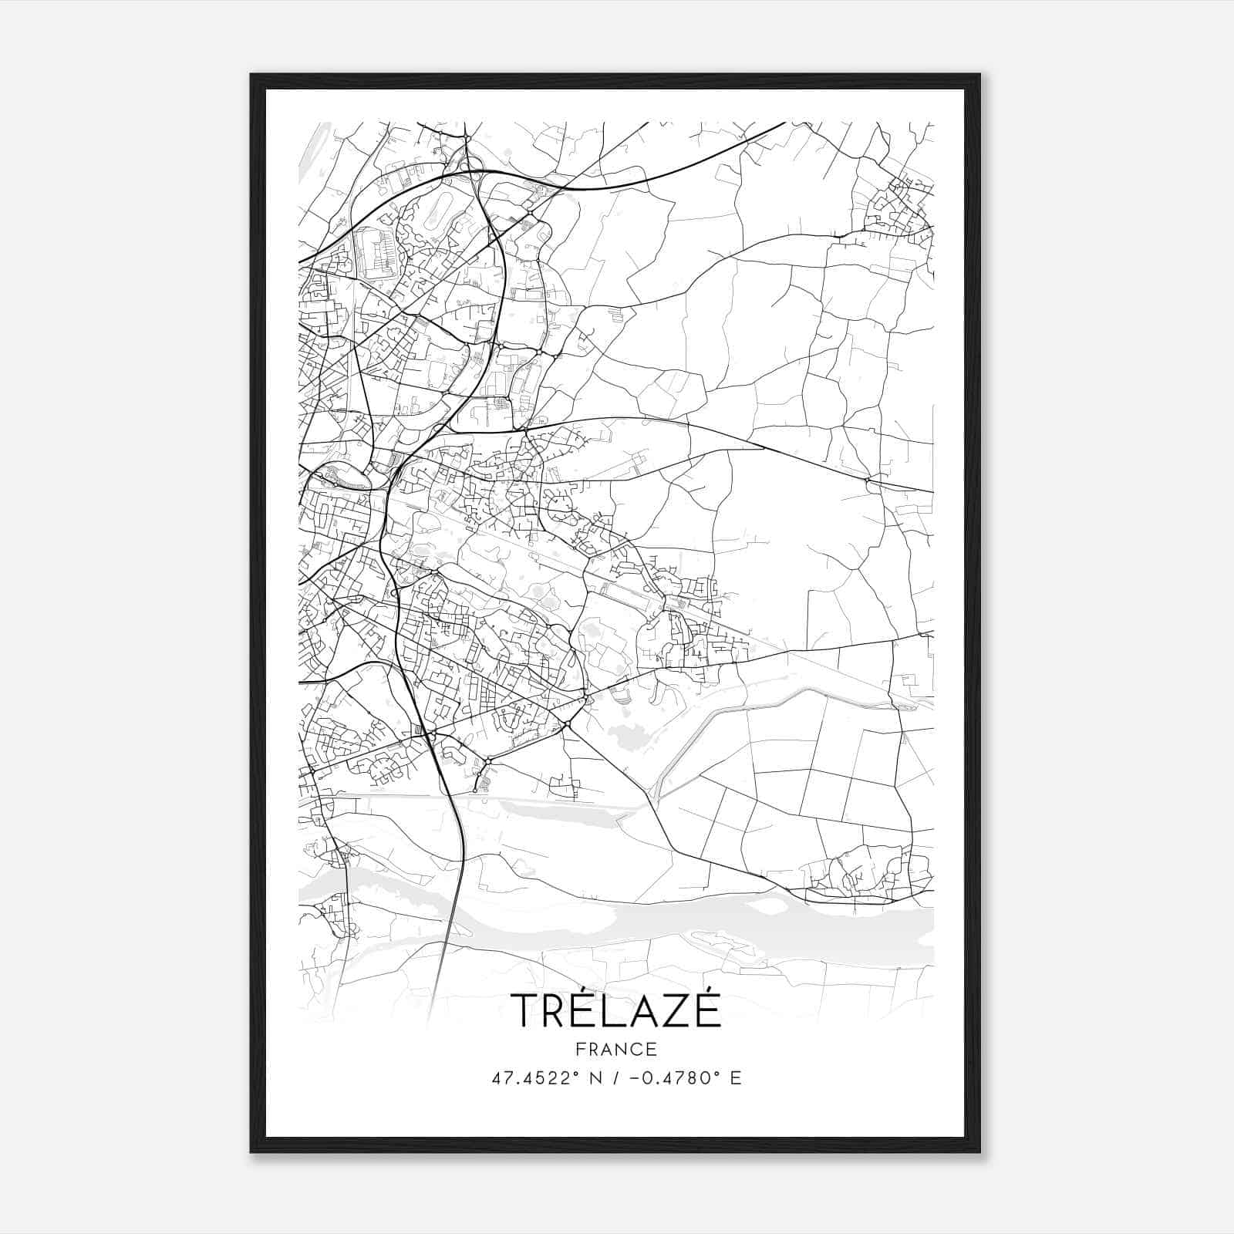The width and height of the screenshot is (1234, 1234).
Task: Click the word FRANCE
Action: click(x=616, y=1049)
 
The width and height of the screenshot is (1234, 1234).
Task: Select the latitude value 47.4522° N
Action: click(x=543, y=1078)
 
